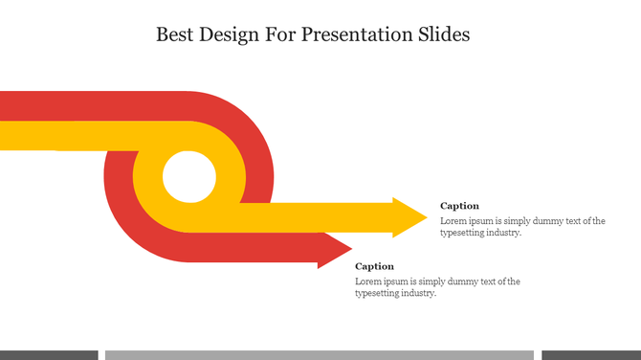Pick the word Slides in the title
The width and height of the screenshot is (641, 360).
coord(445,35)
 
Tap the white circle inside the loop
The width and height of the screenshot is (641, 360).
coord(188,177)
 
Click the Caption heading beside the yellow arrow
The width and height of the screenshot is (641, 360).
coord(459,206)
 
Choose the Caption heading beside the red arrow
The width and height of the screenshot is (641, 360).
coord(374,266)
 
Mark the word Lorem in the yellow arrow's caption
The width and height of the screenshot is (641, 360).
coord(453,220)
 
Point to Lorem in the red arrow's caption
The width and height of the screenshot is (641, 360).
coord(368,281)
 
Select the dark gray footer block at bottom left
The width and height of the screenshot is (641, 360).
coord(49,354)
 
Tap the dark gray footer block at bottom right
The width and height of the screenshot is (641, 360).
coord(591,354)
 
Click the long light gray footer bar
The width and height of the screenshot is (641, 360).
coord(319,354)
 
